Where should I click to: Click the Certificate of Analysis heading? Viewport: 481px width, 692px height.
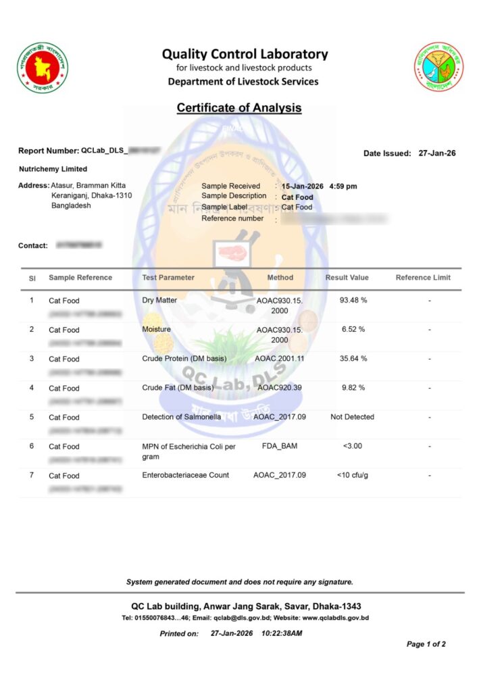tap(239, 107)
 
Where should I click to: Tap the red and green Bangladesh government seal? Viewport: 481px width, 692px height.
tap(43, 68)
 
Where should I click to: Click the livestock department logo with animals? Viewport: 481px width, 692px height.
tap(438, 67)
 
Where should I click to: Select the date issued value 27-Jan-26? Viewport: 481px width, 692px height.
tap(437, 153)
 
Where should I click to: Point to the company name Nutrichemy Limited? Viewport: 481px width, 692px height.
tap(53, 169)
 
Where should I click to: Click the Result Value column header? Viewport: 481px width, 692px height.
tap(347, 277)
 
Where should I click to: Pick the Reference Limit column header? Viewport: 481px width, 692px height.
tap(423, 277)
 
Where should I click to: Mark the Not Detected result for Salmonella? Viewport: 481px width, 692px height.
tap(352, 417)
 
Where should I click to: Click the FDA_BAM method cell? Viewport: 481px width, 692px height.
tap(280, 446)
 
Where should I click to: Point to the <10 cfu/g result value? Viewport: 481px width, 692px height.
tap(353, 475)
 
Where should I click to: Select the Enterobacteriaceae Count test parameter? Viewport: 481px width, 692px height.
tap(185, 475)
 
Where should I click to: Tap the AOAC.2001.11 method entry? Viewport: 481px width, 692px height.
tap(280, 358)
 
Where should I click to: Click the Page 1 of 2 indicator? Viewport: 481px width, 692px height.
tap(426, 644)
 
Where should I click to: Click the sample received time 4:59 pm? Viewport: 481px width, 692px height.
tap(343, 186)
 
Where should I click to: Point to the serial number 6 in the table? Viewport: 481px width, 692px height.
tap(32, 446)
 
